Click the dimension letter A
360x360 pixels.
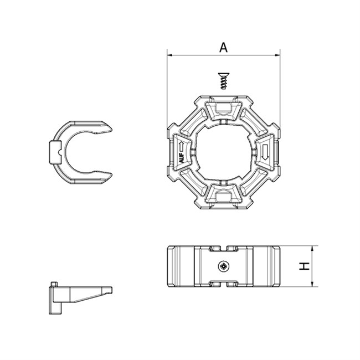[223, 47]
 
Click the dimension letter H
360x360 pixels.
[305, 266]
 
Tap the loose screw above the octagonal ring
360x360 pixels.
[224, 81]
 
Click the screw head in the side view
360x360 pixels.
[224, 266]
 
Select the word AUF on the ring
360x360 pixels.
[181, 158]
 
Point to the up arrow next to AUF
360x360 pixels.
[181, 146]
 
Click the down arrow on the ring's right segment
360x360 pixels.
[265, 152]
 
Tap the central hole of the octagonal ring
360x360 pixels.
[223, 152]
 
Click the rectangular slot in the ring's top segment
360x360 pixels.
[224, 107]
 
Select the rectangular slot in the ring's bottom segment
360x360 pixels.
[224, 197]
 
